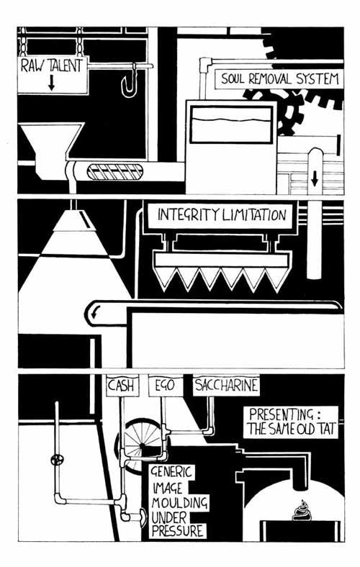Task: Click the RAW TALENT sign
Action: tap(53, 75)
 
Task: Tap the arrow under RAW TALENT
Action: tap(51, 83)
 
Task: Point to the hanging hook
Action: tap(130, 81)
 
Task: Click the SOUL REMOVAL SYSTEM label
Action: tap(279, 79)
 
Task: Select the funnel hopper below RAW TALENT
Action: tap(50, 150)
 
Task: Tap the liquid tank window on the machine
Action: tap(231, 124)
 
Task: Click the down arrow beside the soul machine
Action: tap(315, 178)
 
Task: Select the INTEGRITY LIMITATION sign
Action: tap(221, 215)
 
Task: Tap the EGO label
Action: tap(165, 386)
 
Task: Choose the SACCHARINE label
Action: tap(227, 385)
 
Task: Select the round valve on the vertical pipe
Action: tap(57, 460)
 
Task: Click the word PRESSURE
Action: tap(177, 531)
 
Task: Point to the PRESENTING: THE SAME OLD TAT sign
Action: tap(291, 422)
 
